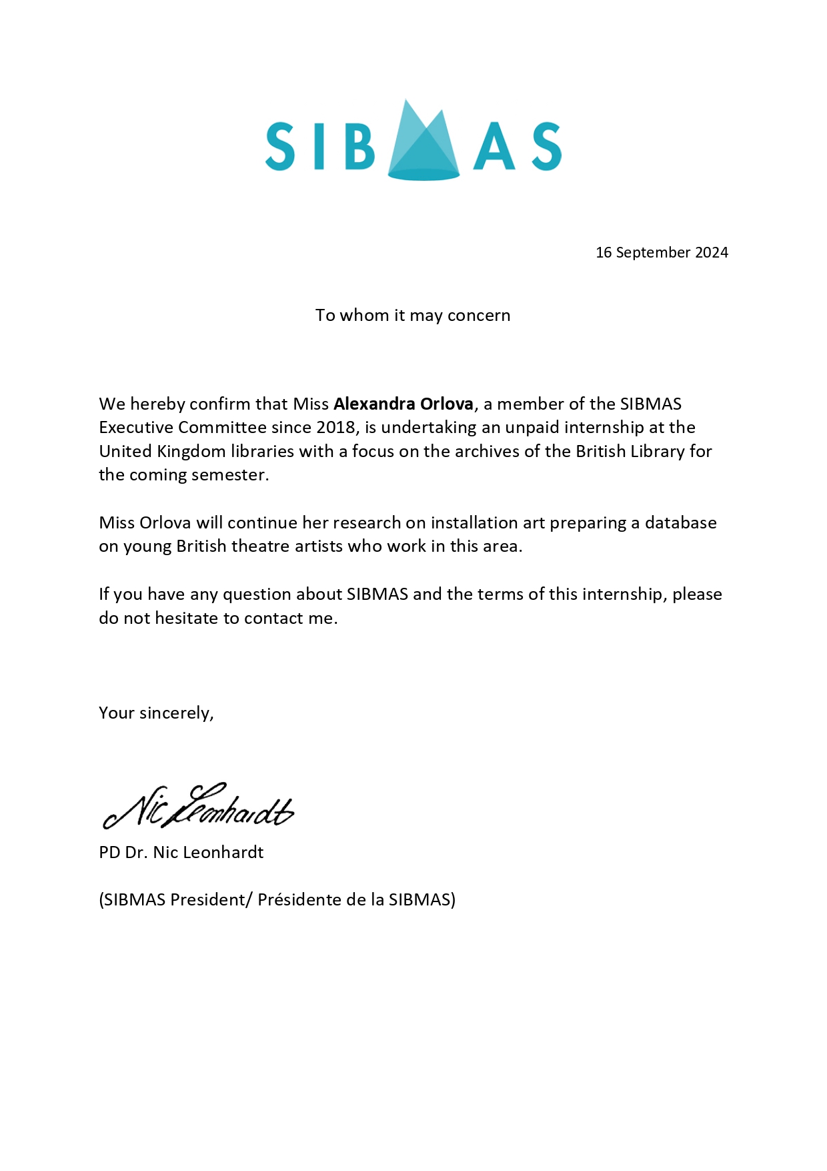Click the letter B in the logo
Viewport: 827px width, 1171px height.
pos(360,146)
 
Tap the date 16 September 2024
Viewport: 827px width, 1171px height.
pos(662,252)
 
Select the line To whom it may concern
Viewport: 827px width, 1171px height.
pos(413,315)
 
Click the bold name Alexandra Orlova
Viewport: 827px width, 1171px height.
pos(403,404)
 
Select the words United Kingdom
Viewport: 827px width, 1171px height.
pos(162,451)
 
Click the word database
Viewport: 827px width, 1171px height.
pos(680,522)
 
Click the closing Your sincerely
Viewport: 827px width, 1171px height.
pos(156,713)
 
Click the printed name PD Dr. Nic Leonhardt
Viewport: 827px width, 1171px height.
pos(181,852)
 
